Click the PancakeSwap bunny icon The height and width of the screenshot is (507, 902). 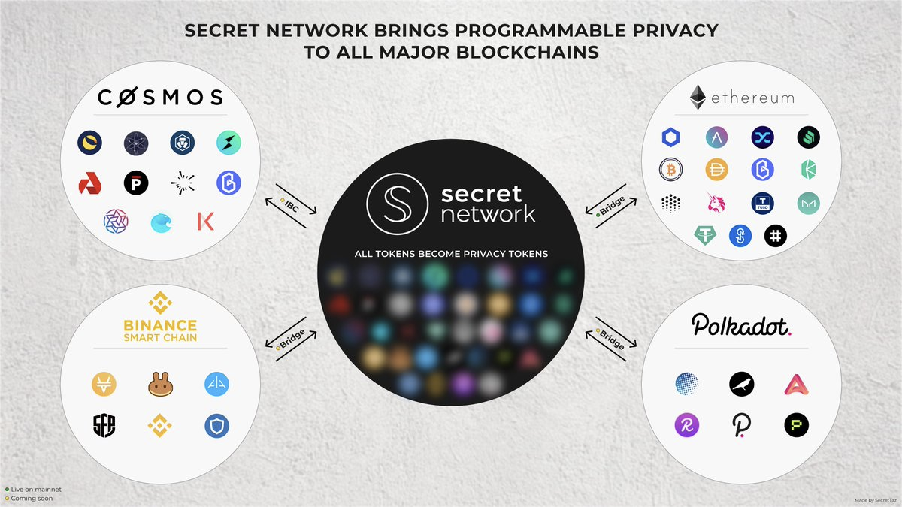click(x=160, y=384)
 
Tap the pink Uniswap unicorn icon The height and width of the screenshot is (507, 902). click(x=716, y=202)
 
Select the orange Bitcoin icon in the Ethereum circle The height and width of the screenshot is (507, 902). click(x=670, y=170)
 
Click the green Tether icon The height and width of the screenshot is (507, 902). click(x=705, y=235)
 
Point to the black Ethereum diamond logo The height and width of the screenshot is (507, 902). click(x=698, y=97)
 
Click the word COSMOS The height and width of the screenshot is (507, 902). click(x=160, y=98)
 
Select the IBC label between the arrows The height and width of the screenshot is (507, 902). click(x=292, y=206)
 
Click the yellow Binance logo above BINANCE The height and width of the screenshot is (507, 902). click(x=160, y=303)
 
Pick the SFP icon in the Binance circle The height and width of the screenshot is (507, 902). click(x=104, y=425)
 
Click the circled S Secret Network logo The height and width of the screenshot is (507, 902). click(x=397, y=204)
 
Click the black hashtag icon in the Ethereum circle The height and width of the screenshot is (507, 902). click(x=776, y=236)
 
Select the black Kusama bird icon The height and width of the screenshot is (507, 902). click(x=741, y=385)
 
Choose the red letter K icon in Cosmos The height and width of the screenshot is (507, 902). click(x=206, y=222)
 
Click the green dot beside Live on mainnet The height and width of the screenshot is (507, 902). click(x=7, y=490)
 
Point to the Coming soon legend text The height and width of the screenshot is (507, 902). click(x=32, y=499)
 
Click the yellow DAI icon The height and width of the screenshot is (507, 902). click(x=717, y=170)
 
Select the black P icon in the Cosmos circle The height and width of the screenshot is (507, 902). click(x=136, y=183)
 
